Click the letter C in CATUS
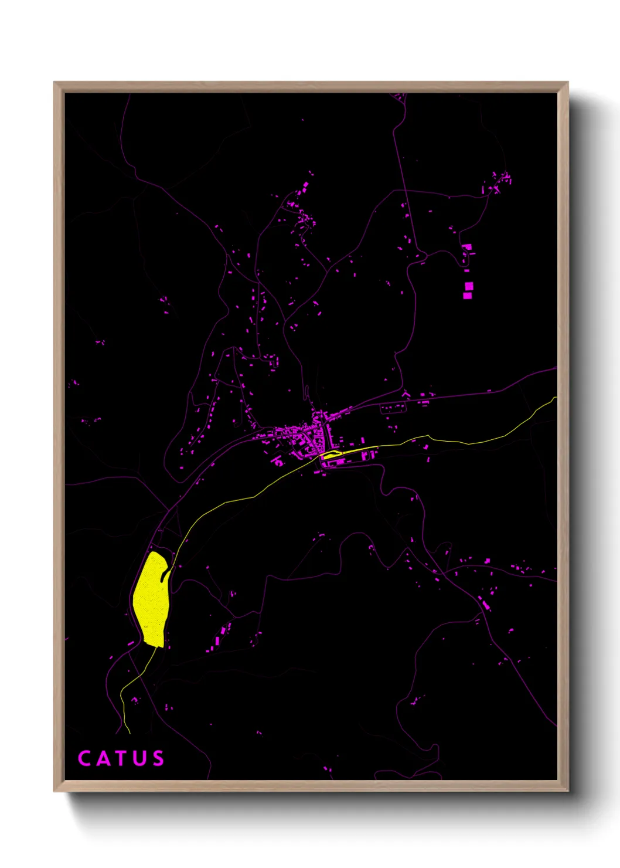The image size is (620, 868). point(85,758)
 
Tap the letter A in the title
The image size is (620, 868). point(103,758)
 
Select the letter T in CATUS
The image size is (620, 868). point(121,758)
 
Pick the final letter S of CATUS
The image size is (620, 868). point(157,758)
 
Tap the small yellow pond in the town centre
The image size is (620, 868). point(331,453)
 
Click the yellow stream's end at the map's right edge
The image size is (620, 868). point(556,398)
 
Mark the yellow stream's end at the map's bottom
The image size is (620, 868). point(129,733)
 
